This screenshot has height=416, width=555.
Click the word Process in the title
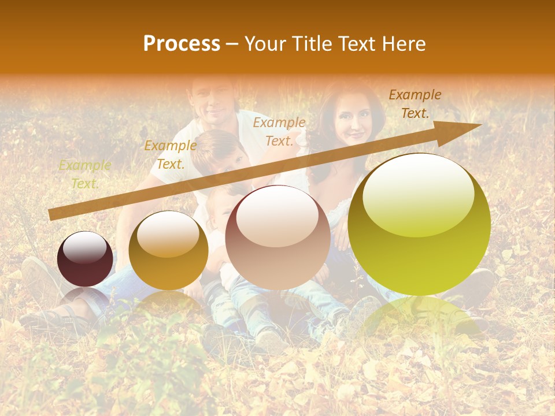(182, 44)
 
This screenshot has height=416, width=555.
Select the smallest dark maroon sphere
(85, 259)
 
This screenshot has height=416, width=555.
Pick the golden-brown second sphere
(168, 250)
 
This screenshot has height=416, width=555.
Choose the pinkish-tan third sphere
(277, 237)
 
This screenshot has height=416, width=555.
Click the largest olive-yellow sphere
(419, 225)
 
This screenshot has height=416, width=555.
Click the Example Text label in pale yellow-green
(84, 174)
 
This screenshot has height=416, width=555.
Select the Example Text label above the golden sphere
(170, 154)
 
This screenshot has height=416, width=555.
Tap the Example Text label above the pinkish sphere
(279, 131)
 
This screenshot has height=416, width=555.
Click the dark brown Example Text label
(415, 104)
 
